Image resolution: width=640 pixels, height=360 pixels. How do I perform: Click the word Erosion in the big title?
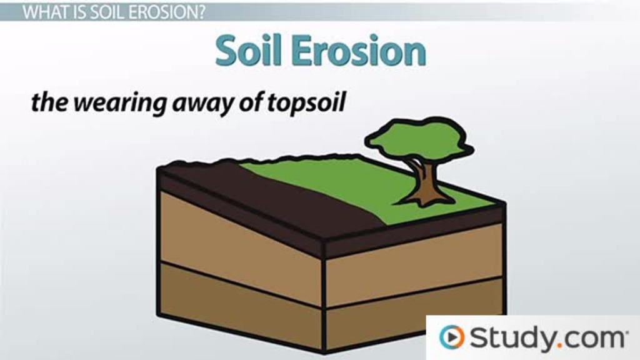(359, 51)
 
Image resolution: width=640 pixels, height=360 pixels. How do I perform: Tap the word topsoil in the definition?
(306, 103)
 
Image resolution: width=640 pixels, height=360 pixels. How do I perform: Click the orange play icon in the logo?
(451, 337)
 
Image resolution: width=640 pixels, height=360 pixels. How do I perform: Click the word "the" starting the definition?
(49, 103)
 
